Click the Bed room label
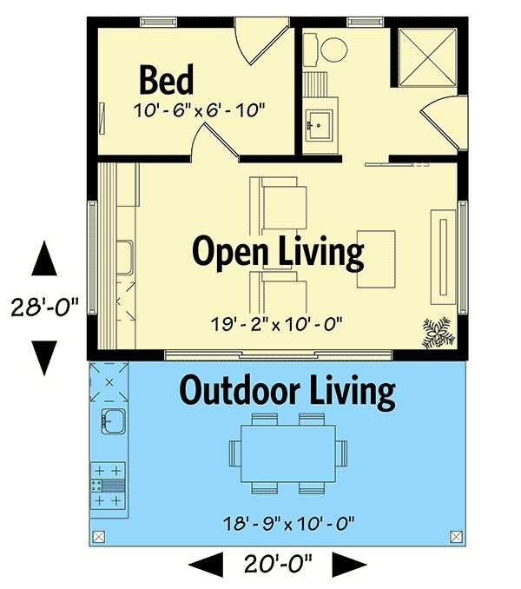click(166, 80)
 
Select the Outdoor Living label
click(287, 391)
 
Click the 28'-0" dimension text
click(45, 307)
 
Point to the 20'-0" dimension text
click(278, 564)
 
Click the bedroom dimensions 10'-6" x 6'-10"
click(200, 110)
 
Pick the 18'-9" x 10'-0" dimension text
click(288, 523)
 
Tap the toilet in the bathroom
click(325, 50)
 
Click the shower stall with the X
click(427, 58)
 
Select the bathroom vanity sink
click(319, 125)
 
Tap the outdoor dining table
click(288, 453)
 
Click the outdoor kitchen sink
click(113, 421)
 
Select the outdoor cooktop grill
click(108, 486)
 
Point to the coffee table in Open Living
click(376, 259)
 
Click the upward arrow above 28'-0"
click(44, 258)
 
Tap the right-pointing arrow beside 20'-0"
click(349, 564)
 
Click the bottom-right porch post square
click(456, 536)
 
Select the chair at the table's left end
click(235, 453)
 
